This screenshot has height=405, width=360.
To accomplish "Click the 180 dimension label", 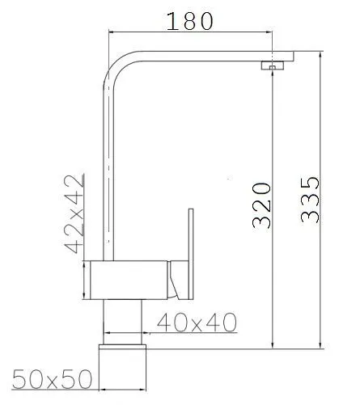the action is pyautogui.click(x=190, y=21).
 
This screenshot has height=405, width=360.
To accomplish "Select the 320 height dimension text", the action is pyautogui.click(x=261, y=205).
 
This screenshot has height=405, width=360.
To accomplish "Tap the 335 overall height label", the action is pyautogui.click(x=310, y=200).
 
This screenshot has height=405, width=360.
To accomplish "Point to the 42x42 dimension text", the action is pyautogui.click(x=74, y=214).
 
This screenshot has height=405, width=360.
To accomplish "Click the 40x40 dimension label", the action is pyautogui.click(x=197, y=323).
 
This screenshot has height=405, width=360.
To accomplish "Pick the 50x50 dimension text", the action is pyautogui.click(x=52, y=379).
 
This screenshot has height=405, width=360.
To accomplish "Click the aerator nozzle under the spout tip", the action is pyautogui.click(x=273, y=65).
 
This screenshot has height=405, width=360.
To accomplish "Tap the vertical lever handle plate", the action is pyautogui.click(x=191, y=254).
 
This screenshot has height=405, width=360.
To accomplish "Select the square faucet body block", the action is pyautogui.click(x=129, y=280).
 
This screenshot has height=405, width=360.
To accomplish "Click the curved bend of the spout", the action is pyautogui.click(x=115, y=64).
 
